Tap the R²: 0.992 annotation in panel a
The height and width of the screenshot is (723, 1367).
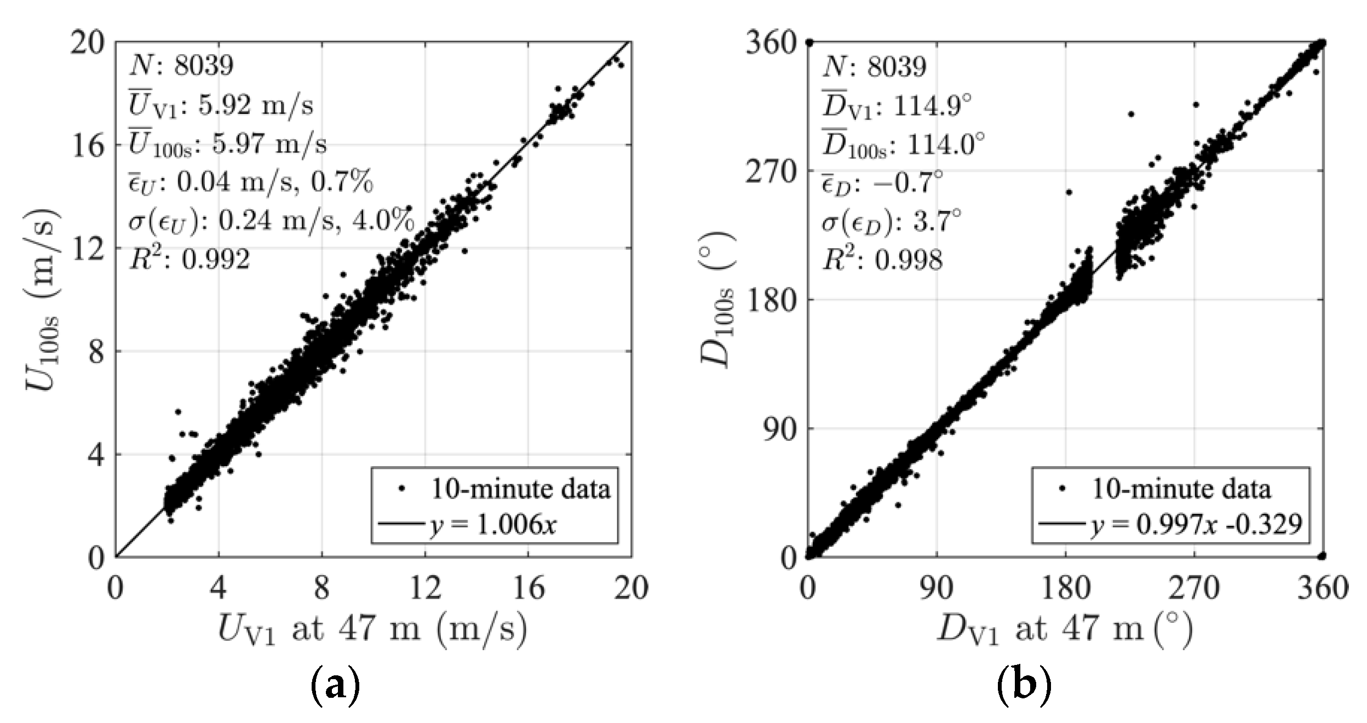[189, 259]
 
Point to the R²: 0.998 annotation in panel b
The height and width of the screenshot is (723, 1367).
[882, 260]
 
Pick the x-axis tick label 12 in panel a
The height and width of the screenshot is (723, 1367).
[425, 589]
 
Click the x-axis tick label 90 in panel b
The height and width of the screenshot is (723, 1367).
[937, 589]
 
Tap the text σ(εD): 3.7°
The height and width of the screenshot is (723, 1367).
[891, 222]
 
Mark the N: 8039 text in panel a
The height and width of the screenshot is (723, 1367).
[181, 66]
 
